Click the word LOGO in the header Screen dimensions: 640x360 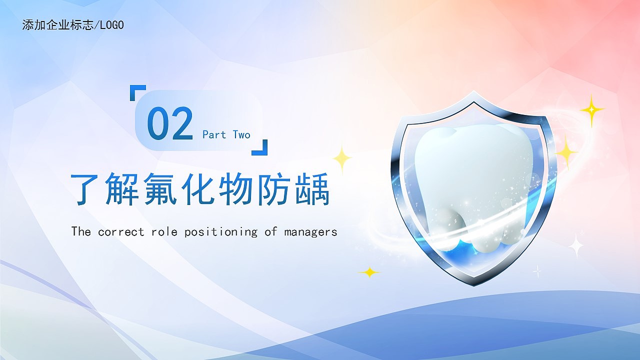(x=112, y=25)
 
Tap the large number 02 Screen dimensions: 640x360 (x=169, y=123)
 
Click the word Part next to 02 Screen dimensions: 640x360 (x=214, y=134)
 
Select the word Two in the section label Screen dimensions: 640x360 (x=241, y=134)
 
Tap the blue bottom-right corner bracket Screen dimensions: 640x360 (x=263, y=151)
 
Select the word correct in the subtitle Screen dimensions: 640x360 (x=121, y=231)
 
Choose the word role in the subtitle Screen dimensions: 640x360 (x=164, y=231)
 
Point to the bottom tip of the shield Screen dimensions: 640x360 (x=473, y=285)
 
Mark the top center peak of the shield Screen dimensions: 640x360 (x=473, y=91)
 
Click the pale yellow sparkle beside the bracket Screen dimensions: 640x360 (x=342, y=158)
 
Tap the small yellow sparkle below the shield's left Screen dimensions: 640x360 (x=369, y=272)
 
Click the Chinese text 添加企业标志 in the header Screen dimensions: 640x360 (x=58, y=25)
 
